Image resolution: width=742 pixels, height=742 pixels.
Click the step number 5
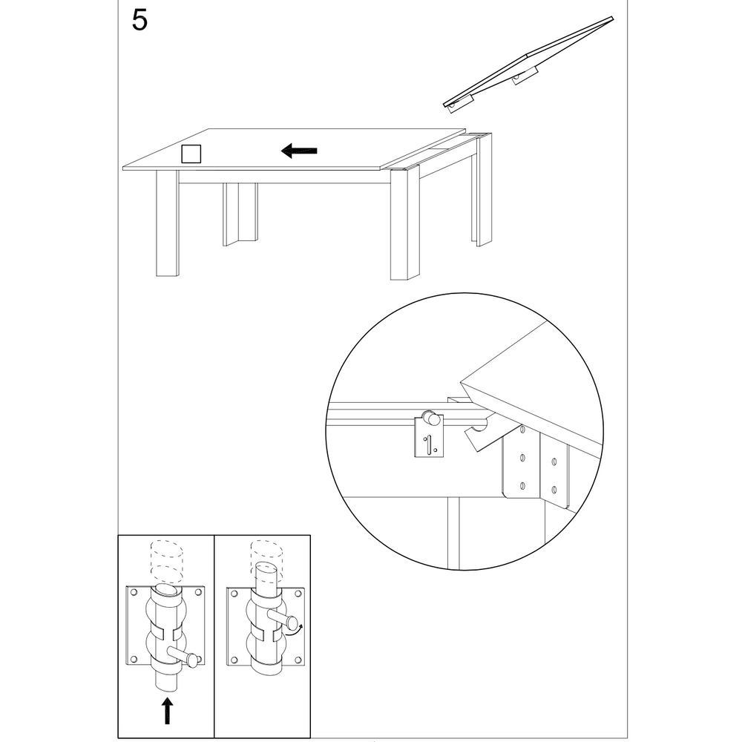(139, 21)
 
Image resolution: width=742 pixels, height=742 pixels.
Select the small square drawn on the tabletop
(191, 154)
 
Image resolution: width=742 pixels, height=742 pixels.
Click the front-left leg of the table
(167, 223)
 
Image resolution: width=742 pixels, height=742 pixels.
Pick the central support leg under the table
(240, 213)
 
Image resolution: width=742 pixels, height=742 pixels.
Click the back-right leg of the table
(482, 193)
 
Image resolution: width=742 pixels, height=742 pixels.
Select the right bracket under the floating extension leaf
(525, 76)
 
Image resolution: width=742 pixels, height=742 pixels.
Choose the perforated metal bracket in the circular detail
(536, 471)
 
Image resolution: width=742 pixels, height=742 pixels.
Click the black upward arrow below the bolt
(168, 710)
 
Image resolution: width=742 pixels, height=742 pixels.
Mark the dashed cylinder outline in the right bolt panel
(266, 554)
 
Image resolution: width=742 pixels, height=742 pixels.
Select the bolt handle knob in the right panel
(292, 623)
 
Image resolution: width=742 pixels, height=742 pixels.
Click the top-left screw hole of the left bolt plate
(134, 592)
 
